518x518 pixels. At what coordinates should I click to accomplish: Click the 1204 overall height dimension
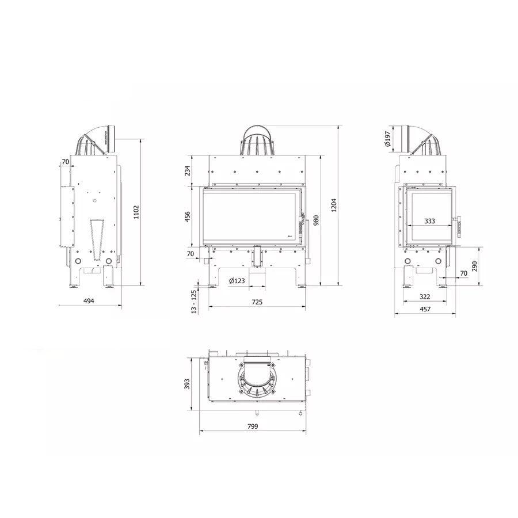[334, 205]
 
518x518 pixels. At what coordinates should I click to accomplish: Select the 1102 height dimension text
[136, 212]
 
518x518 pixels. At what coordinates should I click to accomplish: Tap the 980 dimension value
[316, 220]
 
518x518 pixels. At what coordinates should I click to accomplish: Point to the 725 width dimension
[257, 302]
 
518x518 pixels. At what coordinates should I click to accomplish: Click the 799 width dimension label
[253, 426]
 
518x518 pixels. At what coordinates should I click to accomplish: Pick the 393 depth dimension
[187, 384]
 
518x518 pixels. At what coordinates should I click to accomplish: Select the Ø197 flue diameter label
[387, 139]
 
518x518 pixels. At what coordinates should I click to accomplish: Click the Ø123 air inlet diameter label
[237, 281]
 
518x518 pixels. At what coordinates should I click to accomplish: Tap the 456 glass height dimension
[187, 217]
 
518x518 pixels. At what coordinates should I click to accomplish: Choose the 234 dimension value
[187, 170]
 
